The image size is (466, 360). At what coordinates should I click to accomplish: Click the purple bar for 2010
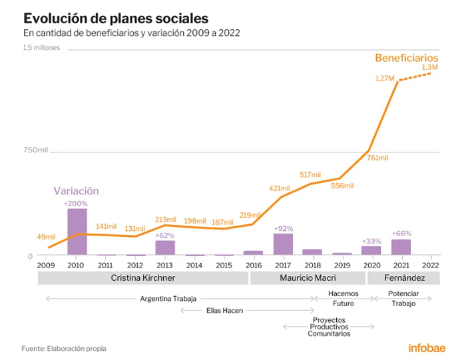tap(77, 232)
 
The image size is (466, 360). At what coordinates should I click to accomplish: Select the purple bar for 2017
tap(283, 244)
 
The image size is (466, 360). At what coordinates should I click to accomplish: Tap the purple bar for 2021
tap(401, 247)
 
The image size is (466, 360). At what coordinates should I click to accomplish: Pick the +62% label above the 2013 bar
tap(164, 236)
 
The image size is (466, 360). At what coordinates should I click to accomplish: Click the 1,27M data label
tap(385, 79)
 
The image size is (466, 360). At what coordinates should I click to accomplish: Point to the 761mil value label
tap(377, 158)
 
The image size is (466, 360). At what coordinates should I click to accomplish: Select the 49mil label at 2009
tap(46, 237)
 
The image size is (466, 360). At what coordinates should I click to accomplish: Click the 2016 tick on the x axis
tap(254, 257)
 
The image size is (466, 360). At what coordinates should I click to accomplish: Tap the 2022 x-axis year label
tap(431, 265)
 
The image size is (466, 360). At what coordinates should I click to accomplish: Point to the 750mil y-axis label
tap(36, 150)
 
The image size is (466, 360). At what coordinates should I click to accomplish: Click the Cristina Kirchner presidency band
tap(143, 278)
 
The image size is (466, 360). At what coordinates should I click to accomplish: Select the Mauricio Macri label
tap(308, 277)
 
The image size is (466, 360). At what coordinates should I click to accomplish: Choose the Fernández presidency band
tap(403, 278)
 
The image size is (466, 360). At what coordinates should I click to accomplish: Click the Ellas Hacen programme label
tap(225, 310)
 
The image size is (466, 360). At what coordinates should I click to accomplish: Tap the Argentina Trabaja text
tap(168, 299)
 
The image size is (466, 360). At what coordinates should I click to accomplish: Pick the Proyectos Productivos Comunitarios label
tap(329, 327)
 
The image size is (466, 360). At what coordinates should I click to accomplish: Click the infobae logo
tap(427, 348)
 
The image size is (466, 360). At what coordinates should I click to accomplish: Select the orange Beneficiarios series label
tap(407, 58)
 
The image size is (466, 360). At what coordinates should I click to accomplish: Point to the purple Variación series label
tap(76, 191)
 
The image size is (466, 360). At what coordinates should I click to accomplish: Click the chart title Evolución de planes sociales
tap(116, 19)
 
